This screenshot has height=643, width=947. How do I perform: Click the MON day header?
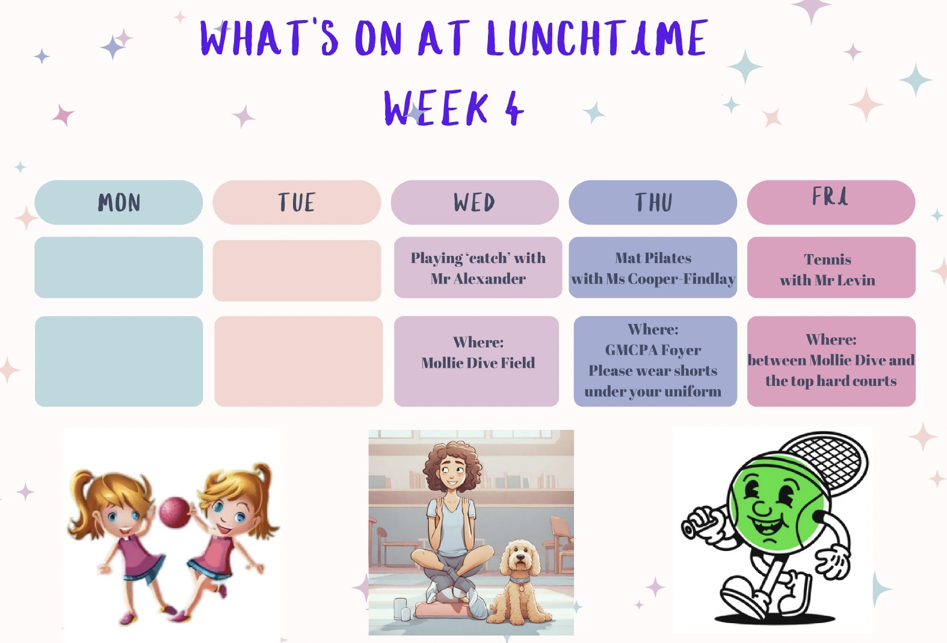point(119,202)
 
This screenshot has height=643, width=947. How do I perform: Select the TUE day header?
point(297,202)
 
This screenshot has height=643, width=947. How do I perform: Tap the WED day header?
point(475,202)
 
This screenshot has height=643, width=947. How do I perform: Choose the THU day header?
point(653,202)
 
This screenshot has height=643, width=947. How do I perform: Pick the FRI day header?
point(831,202)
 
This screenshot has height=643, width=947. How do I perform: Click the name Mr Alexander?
point(478,279)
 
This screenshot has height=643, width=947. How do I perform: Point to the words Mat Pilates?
point(653,258)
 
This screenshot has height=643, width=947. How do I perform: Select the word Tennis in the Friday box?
point(827,259)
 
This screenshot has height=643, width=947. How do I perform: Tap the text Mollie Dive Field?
point(478,363)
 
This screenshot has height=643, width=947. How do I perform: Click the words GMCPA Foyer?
point(653,350)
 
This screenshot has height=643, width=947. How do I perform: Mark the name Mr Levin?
point(843,280)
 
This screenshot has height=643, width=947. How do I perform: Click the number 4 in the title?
point(514,109)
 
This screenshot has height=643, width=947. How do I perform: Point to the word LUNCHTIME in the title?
point(597,38)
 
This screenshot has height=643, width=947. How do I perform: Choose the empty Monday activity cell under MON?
point(119,267)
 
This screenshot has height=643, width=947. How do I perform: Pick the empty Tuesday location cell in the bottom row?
point(298,361)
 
